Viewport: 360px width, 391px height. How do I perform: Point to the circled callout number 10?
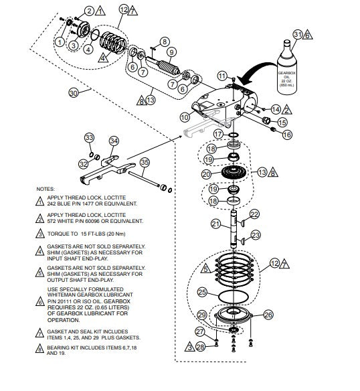coord(185,117)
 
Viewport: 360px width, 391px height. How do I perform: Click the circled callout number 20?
coord(206,174)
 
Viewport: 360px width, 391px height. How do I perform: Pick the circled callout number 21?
coord(215,223)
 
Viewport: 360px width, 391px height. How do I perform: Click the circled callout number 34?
coord(114,141)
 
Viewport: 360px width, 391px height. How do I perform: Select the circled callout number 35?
coord(143,163)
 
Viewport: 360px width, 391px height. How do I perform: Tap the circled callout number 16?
coord(287,135)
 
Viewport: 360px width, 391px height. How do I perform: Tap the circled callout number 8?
coord(165,42)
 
